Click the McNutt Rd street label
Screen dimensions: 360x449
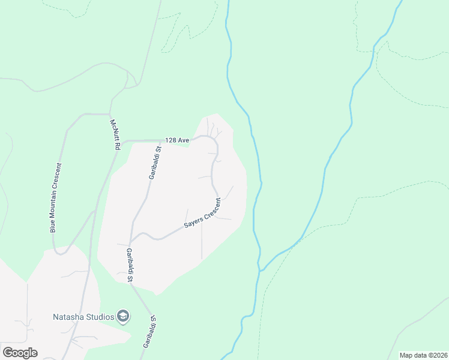point(115,134)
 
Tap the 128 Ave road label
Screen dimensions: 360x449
point(179,140)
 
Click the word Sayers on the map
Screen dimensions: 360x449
point(193,225)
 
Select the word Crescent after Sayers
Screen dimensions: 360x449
point(213,208)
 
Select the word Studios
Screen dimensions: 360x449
point(100,317)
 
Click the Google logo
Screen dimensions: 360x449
point(20,353)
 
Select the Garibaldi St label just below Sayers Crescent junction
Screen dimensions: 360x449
point(129,265)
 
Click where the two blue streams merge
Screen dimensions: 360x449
point(261,270)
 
